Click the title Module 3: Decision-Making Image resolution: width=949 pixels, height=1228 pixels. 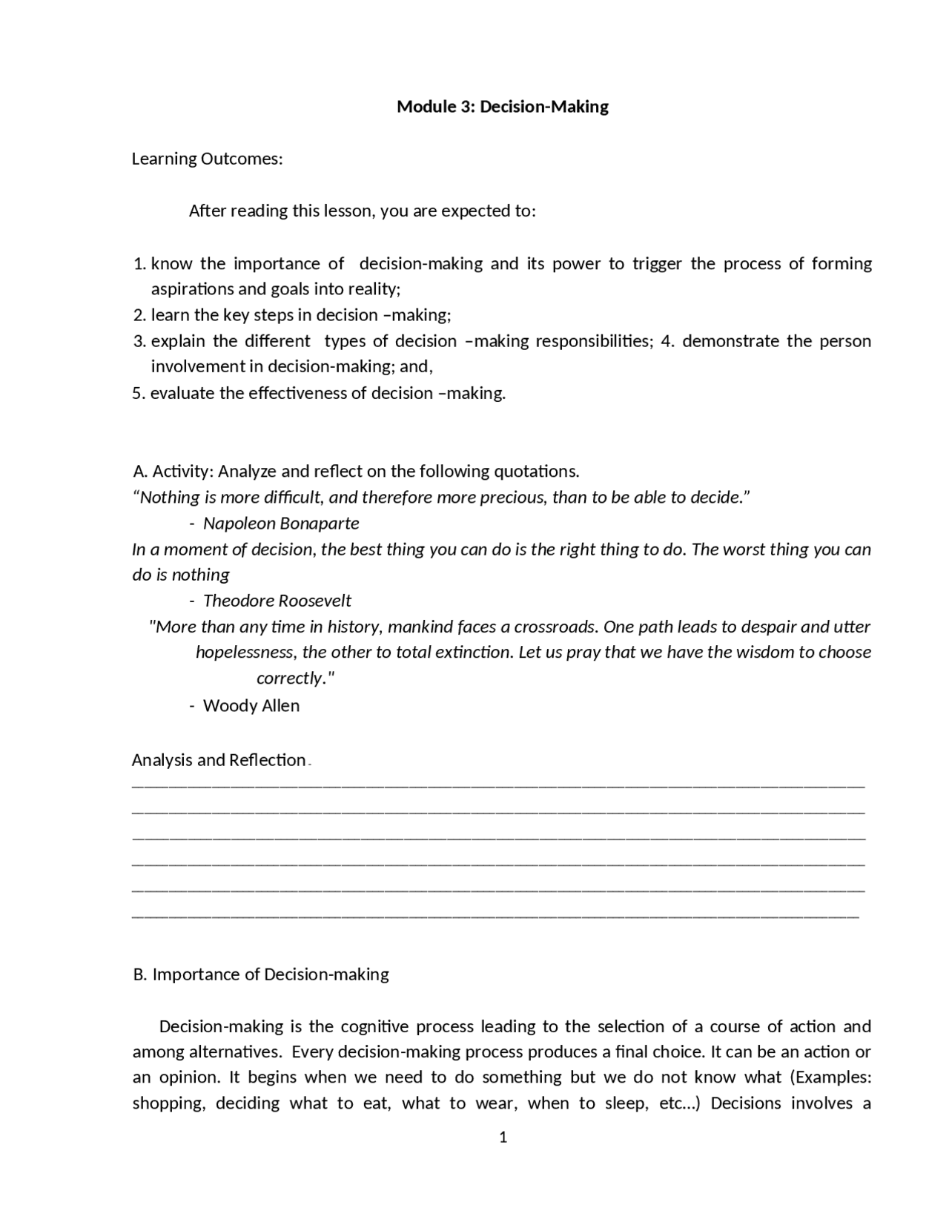pos(503,107)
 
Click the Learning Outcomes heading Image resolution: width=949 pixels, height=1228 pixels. pos(207,159)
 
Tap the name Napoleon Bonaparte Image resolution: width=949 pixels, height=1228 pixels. pos(281,524)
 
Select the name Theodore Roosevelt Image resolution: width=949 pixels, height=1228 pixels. pos(277,601)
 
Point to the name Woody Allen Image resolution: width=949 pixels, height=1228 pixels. pos(251,706)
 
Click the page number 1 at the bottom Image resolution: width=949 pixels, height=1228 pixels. pos(503,1138)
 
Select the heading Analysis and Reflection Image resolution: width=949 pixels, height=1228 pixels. pos(219,760)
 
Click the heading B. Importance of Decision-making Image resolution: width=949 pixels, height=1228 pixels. pos(261,974)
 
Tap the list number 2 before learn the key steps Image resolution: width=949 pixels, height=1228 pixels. pos(139,315)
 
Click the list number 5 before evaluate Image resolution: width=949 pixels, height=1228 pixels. pos(138,394)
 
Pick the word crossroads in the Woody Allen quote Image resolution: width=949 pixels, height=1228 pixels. pos(555,627)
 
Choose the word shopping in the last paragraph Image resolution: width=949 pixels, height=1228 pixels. pos(168,1103)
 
